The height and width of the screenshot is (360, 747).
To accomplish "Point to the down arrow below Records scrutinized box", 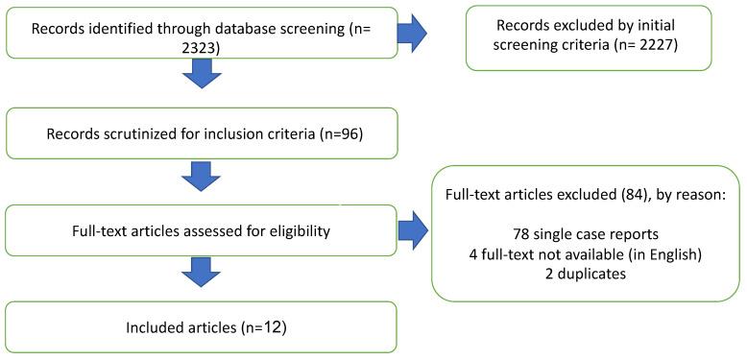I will coord(201,176).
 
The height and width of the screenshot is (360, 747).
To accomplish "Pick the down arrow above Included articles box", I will coord(201,274).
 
